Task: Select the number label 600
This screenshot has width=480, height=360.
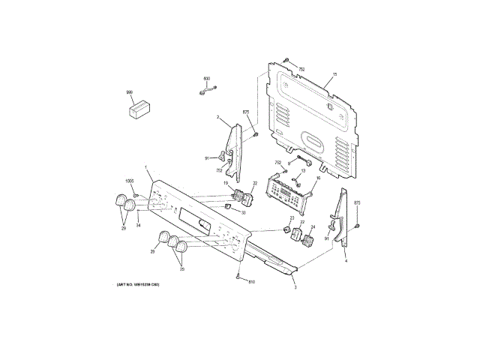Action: [x=207, y=78]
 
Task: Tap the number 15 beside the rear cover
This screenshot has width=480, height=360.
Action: [x=334, y=74]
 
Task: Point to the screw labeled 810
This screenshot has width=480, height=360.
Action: [x=238, y=277]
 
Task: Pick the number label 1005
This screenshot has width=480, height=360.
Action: [x=128, y=181]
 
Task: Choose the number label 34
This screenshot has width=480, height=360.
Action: [x=138, y=224]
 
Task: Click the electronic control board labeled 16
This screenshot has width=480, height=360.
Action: [x=289, y=192]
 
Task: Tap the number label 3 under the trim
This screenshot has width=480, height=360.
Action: [x=295, y=287]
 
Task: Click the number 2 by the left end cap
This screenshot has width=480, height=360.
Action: [x=217, y=118]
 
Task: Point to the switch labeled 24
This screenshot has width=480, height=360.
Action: [x=307, y=241]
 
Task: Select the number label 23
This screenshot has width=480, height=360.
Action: [x=291, y=217]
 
